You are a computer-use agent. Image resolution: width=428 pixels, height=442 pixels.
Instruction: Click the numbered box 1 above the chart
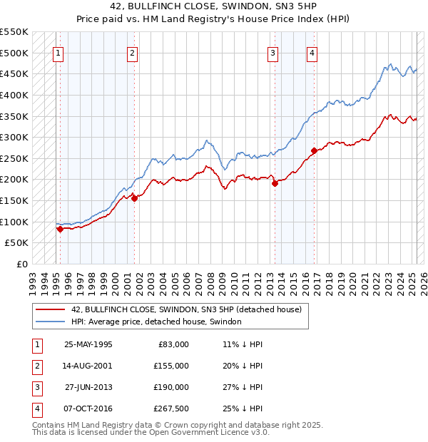58,51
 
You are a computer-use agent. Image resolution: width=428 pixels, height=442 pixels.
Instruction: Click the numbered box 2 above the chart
133,51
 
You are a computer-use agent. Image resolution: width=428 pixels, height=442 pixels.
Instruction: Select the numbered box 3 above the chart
272,51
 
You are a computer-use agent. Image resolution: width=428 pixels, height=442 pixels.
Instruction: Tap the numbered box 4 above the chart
312,51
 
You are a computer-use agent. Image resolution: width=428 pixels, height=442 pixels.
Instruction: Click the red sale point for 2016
314,150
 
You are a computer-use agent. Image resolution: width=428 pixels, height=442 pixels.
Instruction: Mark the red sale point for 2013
275,183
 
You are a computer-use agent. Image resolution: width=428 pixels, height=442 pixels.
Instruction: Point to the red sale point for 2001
134,198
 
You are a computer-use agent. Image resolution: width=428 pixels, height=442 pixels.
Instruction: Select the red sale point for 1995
60,229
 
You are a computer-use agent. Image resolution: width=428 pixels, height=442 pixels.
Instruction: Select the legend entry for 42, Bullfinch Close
187,309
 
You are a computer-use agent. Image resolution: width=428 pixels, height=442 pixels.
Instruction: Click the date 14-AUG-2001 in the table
88,366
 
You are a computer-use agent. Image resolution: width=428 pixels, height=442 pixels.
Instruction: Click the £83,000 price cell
173,344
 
